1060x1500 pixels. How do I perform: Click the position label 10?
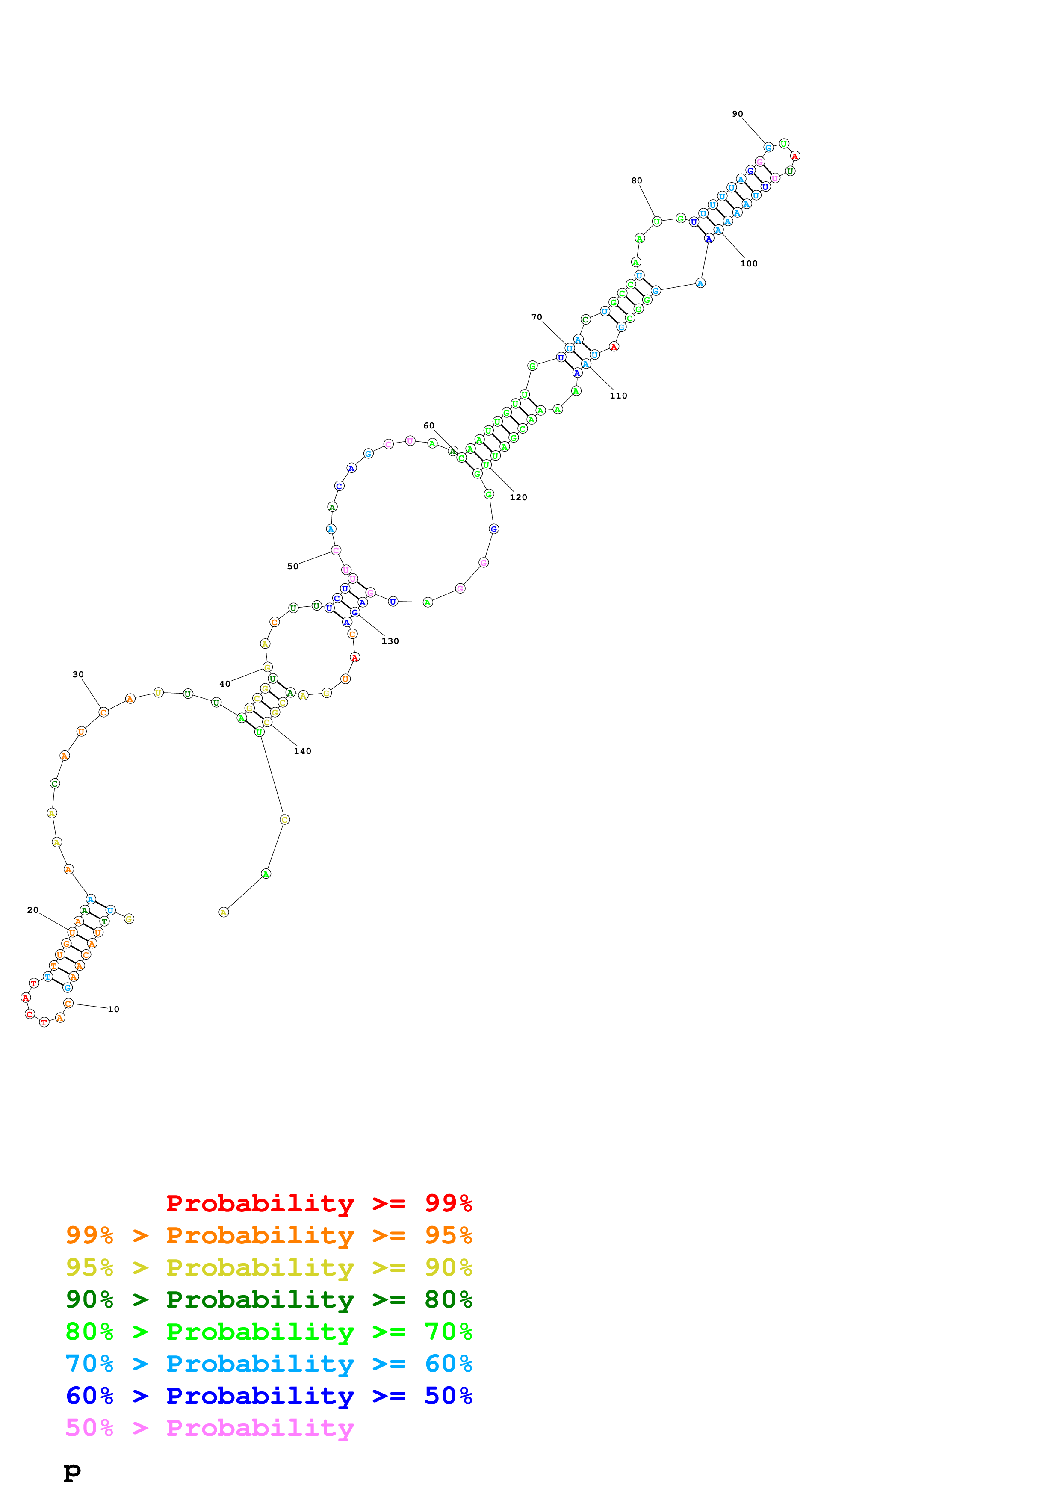(x=114, y=1010)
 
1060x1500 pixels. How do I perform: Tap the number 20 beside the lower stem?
(x=32, y=910)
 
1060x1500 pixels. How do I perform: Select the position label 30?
(x=78, y=674)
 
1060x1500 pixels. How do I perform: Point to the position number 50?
(x=292, y=567)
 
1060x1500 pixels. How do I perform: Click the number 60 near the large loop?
(x=428, y=425)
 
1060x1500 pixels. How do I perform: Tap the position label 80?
(x=636, y=180)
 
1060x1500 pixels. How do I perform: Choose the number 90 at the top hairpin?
(x=737, y=114)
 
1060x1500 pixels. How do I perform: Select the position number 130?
(x=390, y=641)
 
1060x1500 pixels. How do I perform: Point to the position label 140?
(x=302, y=751)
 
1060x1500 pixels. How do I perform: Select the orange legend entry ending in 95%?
(x=269, y=1235)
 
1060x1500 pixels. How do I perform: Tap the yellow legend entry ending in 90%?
(x=269, y=1267)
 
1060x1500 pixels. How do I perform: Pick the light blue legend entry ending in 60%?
(x=269, y=1364)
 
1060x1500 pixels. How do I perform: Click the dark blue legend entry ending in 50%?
(x=269, y=1396)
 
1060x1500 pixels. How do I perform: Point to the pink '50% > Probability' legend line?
(x=209, y=1427)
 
